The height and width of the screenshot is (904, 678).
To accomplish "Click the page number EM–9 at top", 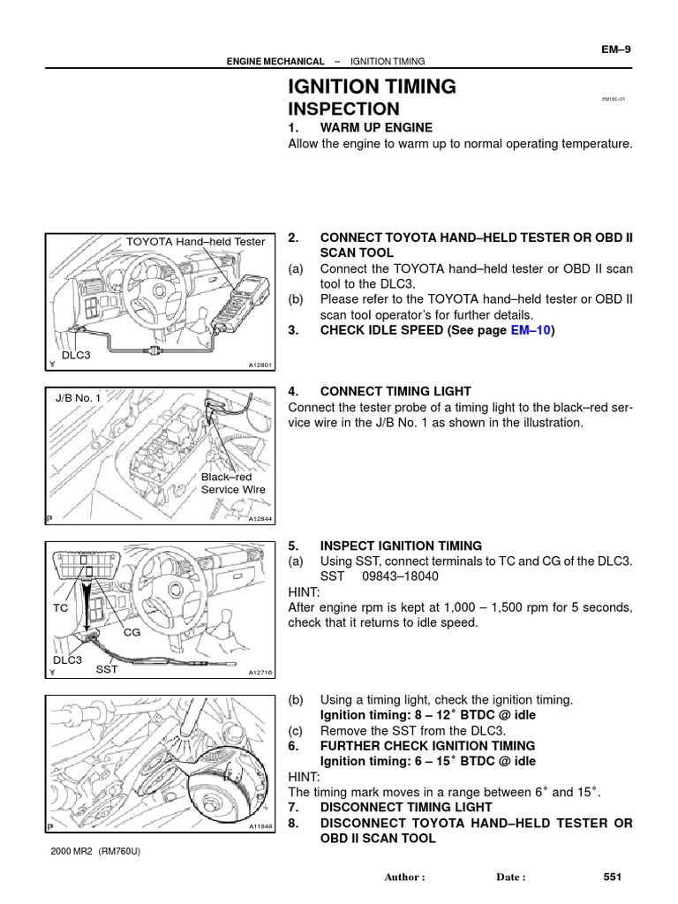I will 615,49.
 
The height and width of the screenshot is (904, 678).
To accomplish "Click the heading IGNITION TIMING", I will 373,87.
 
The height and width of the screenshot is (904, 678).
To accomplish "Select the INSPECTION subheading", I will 343,109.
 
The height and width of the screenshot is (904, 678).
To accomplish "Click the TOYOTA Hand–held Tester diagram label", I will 195,241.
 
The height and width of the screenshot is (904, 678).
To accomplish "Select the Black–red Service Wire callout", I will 234,483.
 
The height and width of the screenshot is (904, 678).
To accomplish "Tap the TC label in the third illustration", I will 60,608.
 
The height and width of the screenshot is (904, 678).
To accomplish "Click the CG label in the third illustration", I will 132,632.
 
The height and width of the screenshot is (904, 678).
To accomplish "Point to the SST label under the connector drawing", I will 107,669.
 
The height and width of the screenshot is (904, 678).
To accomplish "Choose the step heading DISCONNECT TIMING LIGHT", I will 418,808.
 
